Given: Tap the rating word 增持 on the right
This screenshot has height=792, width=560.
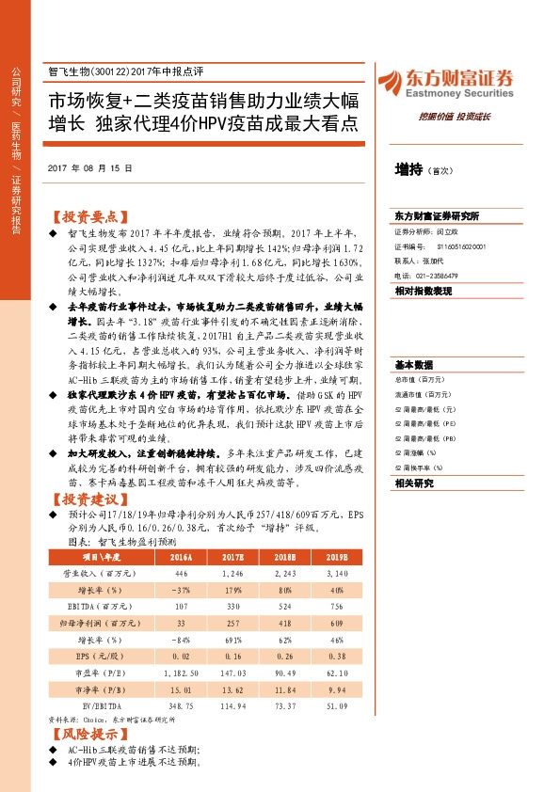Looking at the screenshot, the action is pos(408,169).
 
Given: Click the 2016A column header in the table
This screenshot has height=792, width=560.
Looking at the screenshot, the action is pos(179,556).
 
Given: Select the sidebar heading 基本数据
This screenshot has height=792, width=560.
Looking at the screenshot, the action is pos(413,365).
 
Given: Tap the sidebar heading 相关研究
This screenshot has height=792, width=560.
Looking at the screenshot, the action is pos(413,483).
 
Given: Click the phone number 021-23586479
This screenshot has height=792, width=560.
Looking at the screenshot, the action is pos(436,276).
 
